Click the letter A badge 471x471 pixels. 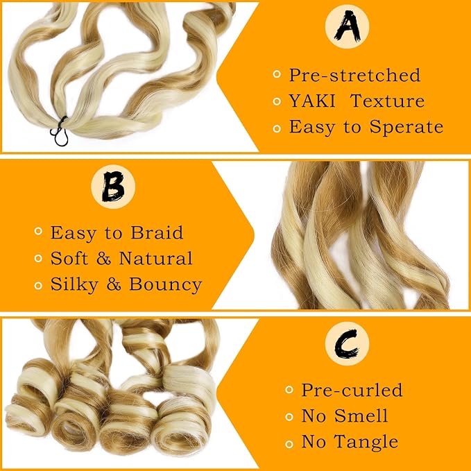coord(347,26)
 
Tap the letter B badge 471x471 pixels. coord(113,187)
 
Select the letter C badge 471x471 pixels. coord(347,343)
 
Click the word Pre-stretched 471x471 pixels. coord(354,75)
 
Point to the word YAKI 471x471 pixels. coord(311,101)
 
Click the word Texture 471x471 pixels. coord(388,101)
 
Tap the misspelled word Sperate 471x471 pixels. coord(406,127)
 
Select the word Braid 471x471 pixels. coord(157,232)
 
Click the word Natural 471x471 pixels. coord(155,258)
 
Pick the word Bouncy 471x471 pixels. coord(166,285)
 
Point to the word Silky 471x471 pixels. coord(74,285)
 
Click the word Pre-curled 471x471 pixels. coord(352,390)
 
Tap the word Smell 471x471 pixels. coord(361,416)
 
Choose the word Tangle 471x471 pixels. coord(366,442)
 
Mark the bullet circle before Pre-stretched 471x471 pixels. coord(277,74)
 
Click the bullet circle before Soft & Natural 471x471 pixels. coord(38,258)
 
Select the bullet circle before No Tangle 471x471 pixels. coord(289,444)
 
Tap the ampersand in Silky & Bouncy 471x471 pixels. coord(114,284)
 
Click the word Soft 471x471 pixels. coord(69,258)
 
